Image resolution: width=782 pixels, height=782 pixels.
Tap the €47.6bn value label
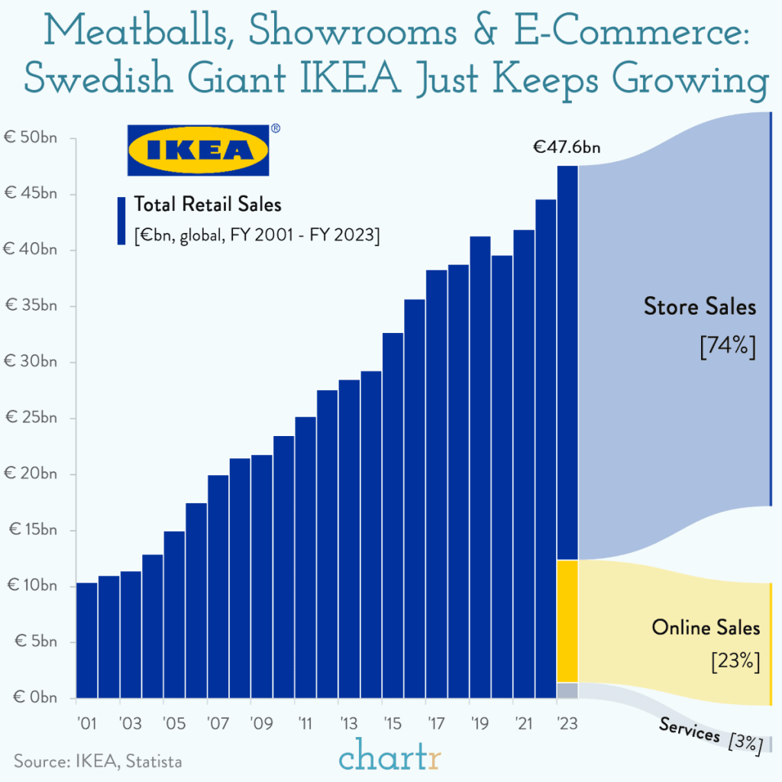click(x=567, y=147)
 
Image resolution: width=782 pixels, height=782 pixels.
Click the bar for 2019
click(x=480, y=467)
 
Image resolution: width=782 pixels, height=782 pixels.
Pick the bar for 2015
click(x=393, y=515)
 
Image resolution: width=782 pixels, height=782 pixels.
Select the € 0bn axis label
click(x=34, y=697)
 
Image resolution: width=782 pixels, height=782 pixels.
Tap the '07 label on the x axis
click(x=218, y=723)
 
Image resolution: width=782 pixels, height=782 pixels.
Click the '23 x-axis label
click(x=567, y=723)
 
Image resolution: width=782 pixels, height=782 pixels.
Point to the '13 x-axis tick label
click(x=349, y=723)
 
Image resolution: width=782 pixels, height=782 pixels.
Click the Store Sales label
click(x=700, y=307)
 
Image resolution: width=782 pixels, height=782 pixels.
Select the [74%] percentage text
click(x=727, y=346)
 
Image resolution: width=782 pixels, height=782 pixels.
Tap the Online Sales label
click(x=706, y=627)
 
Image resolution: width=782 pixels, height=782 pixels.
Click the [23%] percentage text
click(x=735, y=661)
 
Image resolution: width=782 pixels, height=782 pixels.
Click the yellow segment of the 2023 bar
click(x=567, y=621)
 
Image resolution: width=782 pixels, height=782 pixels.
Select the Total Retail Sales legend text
click(x=208, y=204)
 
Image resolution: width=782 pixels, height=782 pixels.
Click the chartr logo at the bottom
click(x=390, y=758)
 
